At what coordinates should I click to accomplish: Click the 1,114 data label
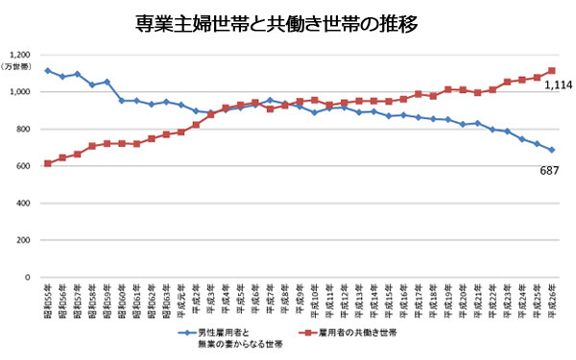559,85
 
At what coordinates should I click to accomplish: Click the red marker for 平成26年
552,70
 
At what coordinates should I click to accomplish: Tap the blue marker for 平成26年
552,150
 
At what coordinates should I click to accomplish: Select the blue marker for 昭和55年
48,70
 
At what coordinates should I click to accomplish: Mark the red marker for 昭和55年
48,163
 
